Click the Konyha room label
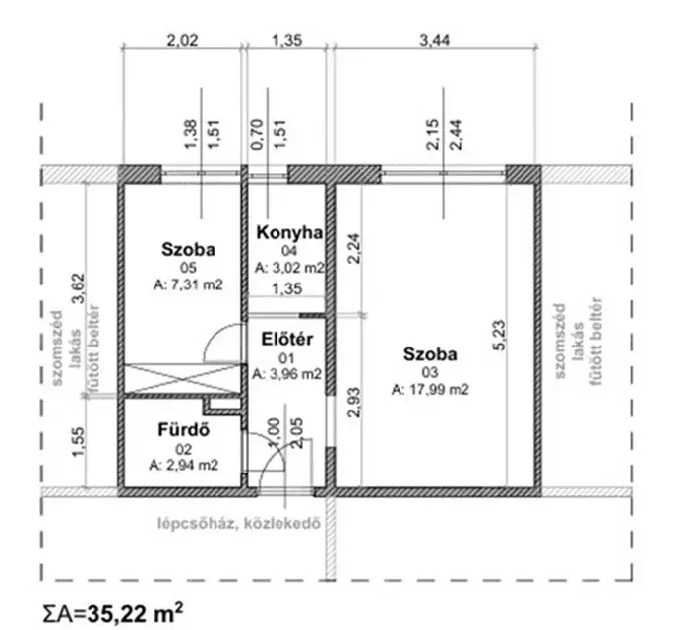click(x=289, y=232)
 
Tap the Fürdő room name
click(x=184, y=430)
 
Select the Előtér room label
click(x=286, y=340)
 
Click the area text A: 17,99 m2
click(x=430, y=390)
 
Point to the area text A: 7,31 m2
click(x=188, y=285)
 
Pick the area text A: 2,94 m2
click(x=184, y=465)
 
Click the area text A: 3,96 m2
click(x=286, y=374)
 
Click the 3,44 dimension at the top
click(x=434, y=40)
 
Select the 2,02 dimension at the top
click(x=183, y=40)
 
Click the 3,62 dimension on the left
click(x=79, y=288)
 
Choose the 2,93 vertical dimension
click(x=354, y=403)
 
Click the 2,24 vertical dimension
click(x=354, y=248)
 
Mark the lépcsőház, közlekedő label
click(x=240, y=524)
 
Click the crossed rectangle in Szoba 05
click(x=182, y=379)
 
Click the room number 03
click(x=430, y=372)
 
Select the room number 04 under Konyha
click(x=289, y=250)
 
